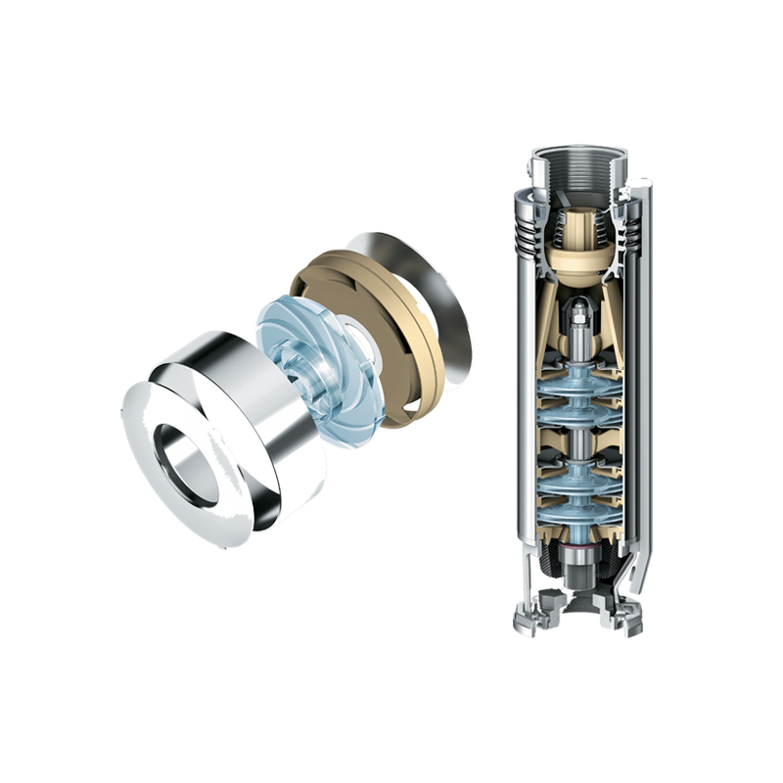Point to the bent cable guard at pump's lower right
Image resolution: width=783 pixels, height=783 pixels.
(x=637, y=587)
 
